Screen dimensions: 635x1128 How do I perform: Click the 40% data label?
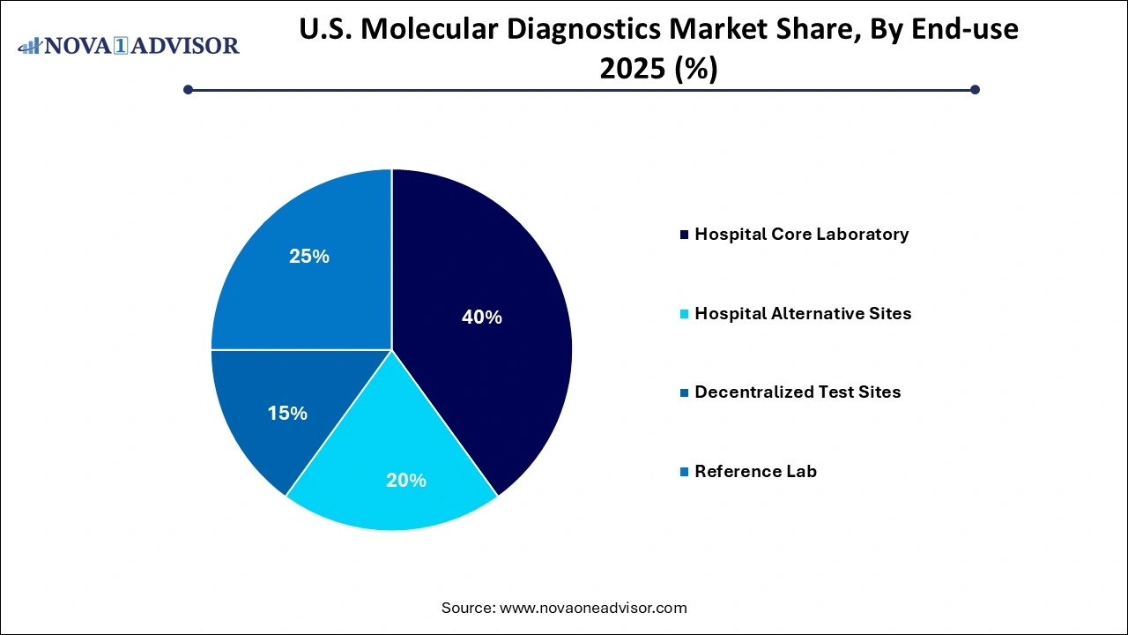482,317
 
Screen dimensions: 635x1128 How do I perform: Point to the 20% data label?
406,481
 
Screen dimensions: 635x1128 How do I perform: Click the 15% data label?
287,414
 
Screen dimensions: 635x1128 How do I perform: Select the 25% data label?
309,257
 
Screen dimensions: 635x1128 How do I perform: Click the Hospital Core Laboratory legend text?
801,235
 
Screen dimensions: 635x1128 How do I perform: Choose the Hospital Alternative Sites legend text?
803,314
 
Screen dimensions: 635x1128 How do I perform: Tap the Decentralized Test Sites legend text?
798,392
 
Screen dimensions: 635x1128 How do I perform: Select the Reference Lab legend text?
755,472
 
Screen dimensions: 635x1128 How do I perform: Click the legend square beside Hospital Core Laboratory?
685,235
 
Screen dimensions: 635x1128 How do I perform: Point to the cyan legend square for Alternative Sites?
685,315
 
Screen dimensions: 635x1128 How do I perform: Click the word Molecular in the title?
442,30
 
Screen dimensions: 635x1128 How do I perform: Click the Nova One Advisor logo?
128,45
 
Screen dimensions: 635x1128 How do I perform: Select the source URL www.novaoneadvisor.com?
593,608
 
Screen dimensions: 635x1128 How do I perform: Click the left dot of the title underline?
188,89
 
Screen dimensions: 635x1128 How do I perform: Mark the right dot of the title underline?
975,89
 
